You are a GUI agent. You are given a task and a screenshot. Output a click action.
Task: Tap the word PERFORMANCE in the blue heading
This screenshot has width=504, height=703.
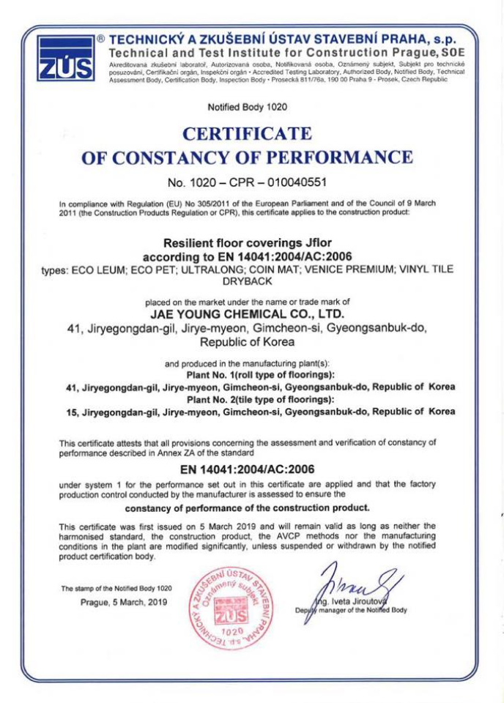pyautogui.click(x=327, y=157)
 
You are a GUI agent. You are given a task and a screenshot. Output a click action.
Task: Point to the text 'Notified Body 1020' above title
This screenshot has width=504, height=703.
pyautogui.click(x=248, y=107)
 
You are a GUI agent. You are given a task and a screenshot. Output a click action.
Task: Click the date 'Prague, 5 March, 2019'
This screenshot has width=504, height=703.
pyautogui.click(x=123, y=602)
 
